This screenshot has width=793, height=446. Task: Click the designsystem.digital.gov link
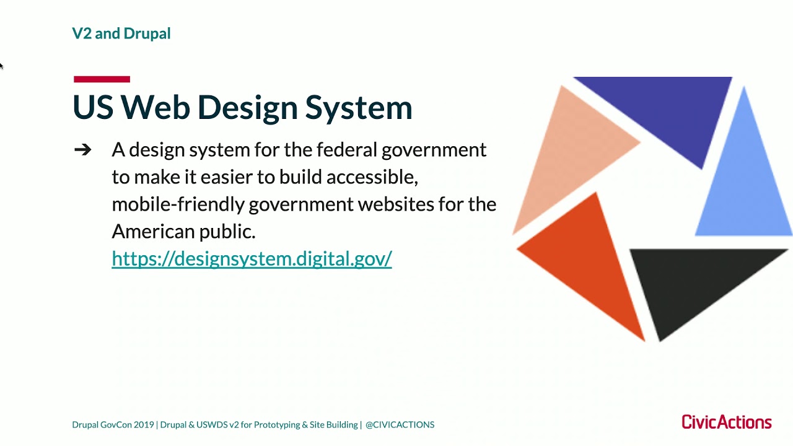(x=252, y=258)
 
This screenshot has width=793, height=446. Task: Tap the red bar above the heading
(x=102, y=79)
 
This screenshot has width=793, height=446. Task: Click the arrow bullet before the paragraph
(x=82, y=150)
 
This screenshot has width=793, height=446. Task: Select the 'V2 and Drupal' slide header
(x=121, y=33)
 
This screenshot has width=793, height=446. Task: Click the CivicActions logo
(x=726, y=422)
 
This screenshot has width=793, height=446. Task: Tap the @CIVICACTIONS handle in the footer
(x=400, y=425)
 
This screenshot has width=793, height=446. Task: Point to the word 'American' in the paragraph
(x=152, y=232)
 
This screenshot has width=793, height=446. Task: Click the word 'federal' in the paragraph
(x=346, y=150)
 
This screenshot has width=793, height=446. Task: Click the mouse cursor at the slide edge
(x=1, y=65)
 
